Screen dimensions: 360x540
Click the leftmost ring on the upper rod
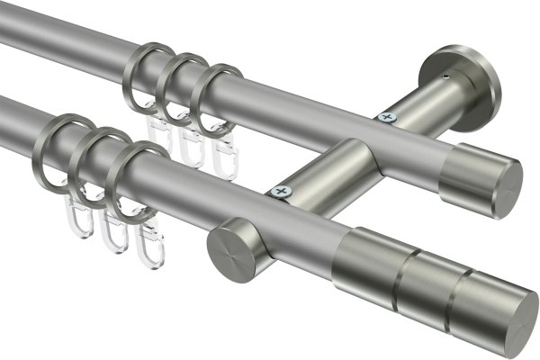coord(135,69)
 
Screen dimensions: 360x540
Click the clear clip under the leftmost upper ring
coord(160,135)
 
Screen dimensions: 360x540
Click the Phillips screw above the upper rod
coord(389,116)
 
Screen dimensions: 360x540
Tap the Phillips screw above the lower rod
coord(281,192)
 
